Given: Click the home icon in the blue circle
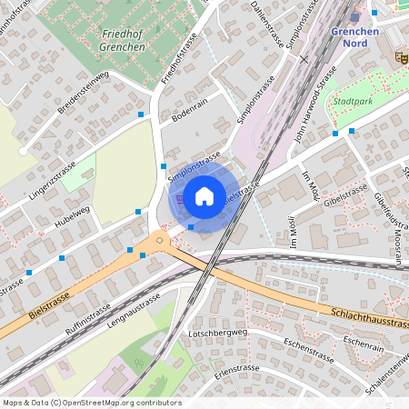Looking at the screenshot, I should click(x=204, y=195).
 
